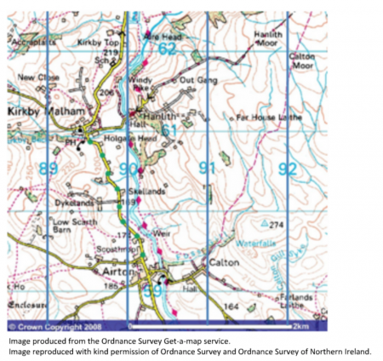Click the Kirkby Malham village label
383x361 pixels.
[x=35, y=112]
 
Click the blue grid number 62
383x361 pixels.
[x=167, y=49]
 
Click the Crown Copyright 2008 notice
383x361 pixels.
[x=51, y=326]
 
